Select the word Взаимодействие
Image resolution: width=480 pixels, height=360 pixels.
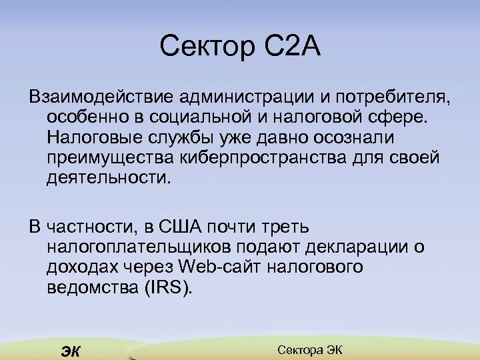[x=99, y=99]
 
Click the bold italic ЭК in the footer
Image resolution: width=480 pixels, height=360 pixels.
[x=69, y=352]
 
